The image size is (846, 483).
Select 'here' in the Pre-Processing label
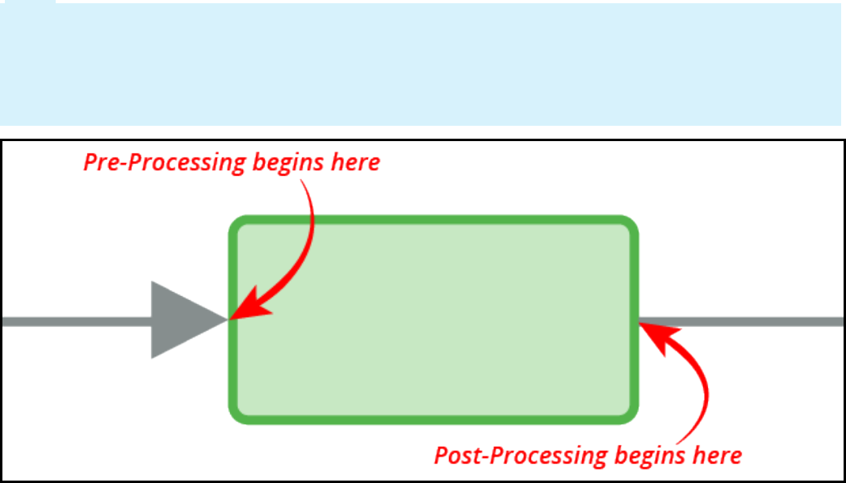pyautogui.click(x=354, y=162)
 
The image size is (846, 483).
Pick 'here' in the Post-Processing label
pyautogui.click(x=716, y=455)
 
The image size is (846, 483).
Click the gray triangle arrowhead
pyautogui.click(x=182, y=320)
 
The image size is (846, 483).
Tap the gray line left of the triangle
pyautogui.click(x=73, y=321)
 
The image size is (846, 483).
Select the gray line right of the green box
pyautogui.click(x=743, y=321)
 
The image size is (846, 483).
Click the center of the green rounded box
pyautogui.click(x=434, y=320)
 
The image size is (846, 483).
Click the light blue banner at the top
pyautogui.click(x=420, y=65)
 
